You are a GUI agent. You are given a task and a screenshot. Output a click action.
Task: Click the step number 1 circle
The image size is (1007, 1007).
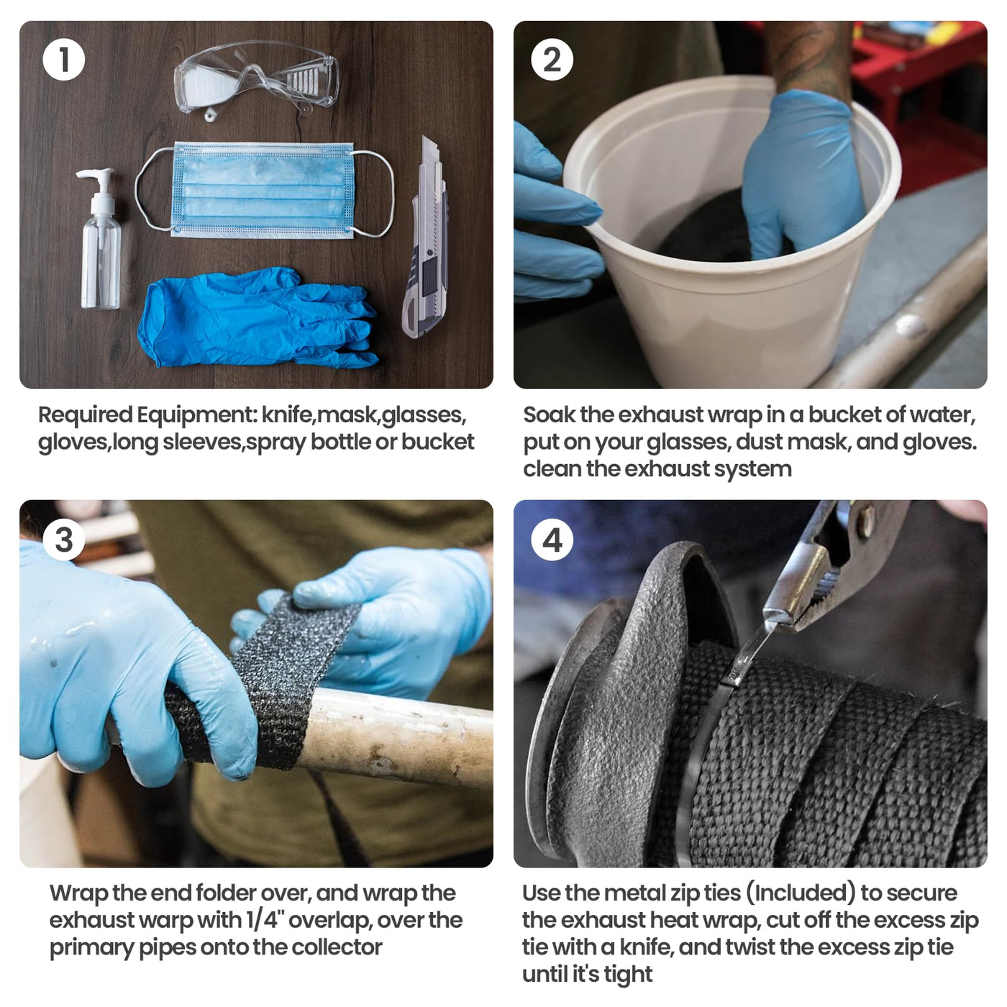point(64,60)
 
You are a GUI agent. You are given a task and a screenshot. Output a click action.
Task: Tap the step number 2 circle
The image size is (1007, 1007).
point(552,60)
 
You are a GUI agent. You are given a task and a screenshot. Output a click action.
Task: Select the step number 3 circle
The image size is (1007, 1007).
point(64,539)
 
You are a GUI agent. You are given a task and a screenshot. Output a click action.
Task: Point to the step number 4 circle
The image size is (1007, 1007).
point(552,539)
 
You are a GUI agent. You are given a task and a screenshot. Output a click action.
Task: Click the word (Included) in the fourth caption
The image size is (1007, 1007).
point(800,893)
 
